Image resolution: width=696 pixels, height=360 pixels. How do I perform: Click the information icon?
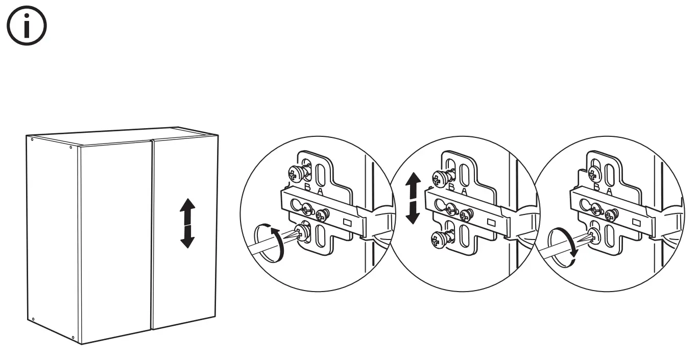click(27, 26)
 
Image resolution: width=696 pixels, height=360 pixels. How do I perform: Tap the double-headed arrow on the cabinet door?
click(187, 224)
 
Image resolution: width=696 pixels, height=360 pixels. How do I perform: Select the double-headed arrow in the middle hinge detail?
click(413, 199)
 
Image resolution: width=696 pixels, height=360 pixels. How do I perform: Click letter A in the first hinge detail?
click(320, 191)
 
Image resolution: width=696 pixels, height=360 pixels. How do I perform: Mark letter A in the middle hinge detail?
click(464, 191)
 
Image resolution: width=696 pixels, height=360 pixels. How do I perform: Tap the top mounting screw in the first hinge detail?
click(296, 173)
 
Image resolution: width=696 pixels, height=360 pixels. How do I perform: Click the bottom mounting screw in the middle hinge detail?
click(440, 238)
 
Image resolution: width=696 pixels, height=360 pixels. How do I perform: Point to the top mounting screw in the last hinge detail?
click(594, 172)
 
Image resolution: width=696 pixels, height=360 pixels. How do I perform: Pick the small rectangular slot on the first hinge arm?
click(347, 222)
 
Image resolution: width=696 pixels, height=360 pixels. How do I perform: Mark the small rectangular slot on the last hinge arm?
click(636, 223)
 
